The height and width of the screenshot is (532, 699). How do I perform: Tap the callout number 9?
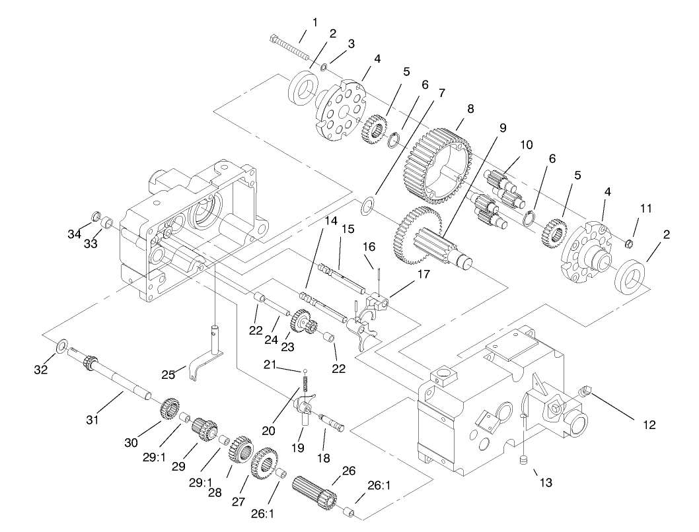tap(503, 127)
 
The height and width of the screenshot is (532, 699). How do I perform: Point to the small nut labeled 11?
tap(629, 245)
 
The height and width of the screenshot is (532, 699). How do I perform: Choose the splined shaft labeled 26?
tap(315, 492)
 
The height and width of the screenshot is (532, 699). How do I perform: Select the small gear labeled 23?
tap(303, 323)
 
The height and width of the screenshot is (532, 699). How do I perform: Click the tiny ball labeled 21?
tap(306, 370)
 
